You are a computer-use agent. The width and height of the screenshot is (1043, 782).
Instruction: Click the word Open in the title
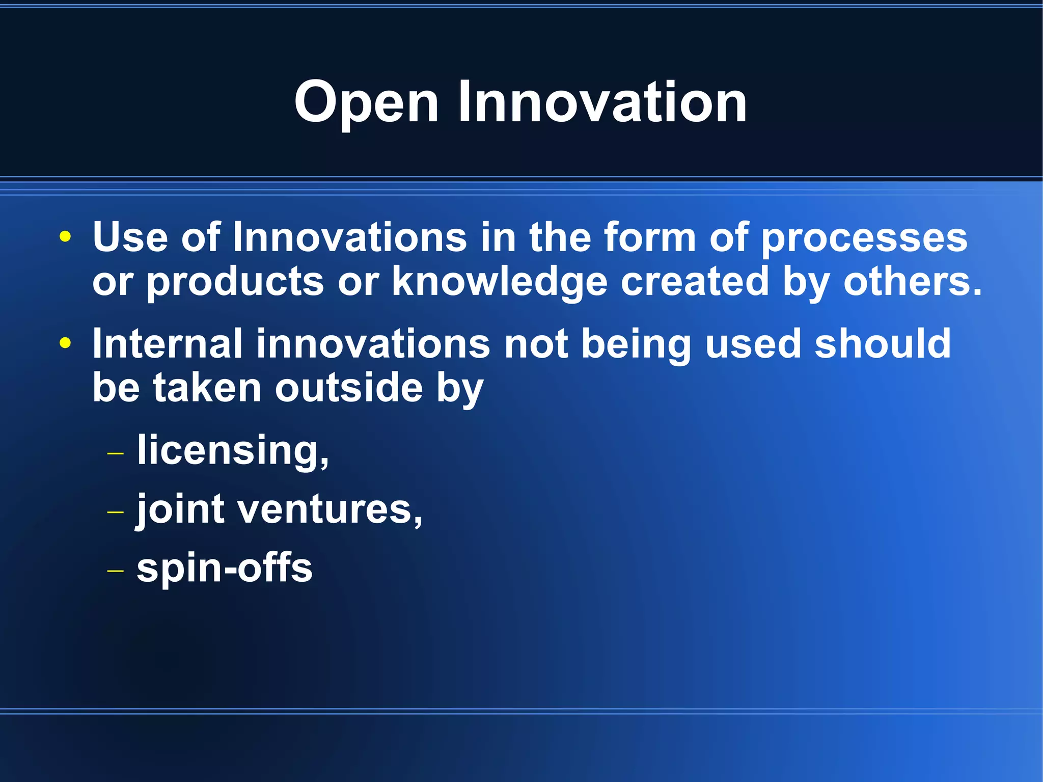366,103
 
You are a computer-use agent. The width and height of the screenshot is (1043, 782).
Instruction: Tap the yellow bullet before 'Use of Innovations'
65,237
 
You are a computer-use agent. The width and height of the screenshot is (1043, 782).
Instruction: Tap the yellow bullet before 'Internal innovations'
65,343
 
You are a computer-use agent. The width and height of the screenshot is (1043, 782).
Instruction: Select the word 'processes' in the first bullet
864,238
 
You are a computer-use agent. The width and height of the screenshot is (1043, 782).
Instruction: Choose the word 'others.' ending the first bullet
913,281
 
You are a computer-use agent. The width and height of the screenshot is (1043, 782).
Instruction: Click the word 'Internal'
167,344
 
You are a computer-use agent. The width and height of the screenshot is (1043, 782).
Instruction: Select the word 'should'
883,344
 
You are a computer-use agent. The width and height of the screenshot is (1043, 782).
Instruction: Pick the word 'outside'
349,388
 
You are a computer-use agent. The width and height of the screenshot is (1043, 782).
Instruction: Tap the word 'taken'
207,388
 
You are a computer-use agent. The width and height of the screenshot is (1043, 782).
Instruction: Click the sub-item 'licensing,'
233,450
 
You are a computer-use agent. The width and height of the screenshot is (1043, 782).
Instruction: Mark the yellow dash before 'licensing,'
116,452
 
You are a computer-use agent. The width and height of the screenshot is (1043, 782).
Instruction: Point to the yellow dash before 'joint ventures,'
116,511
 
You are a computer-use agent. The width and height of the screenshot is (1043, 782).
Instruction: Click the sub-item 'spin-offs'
224,569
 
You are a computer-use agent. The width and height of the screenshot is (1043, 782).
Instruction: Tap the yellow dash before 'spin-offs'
116,571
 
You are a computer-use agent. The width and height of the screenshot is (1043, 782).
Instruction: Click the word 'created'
694,281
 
